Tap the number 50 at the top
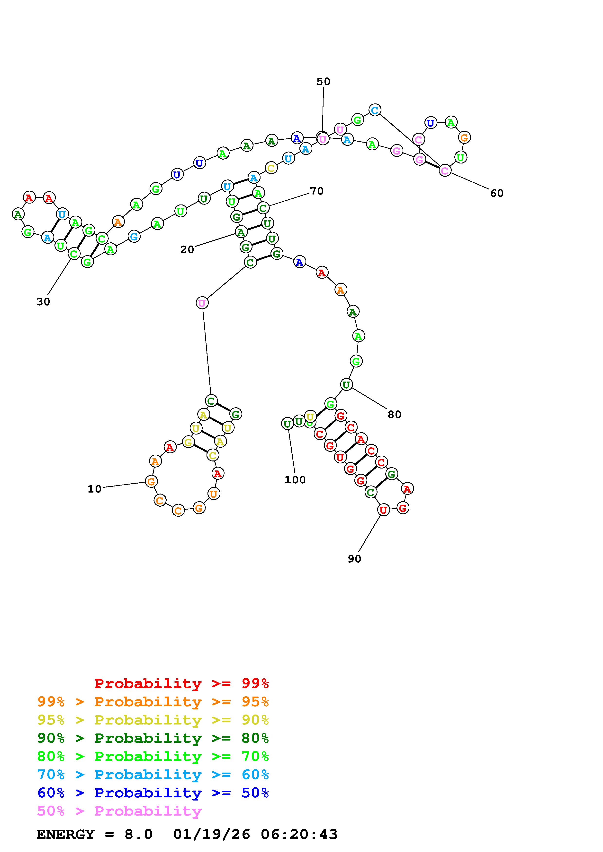coord(323,82)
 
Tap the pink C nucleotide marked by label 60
coord(445,171)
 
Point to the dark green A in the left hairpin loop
coord(18,214)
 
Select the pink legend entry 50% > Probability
coord(119,811)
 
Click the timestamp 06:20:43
coord(299,835)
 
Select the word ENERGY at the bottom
coord(65,835)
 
